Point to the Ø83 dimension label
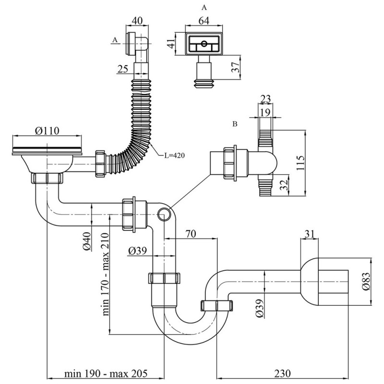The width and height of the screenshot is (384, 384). (366, 282)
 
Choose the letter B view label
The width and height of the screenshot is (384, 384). (234, 124)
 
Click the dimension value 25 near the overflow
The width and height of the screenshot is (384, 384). (122, 69)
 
